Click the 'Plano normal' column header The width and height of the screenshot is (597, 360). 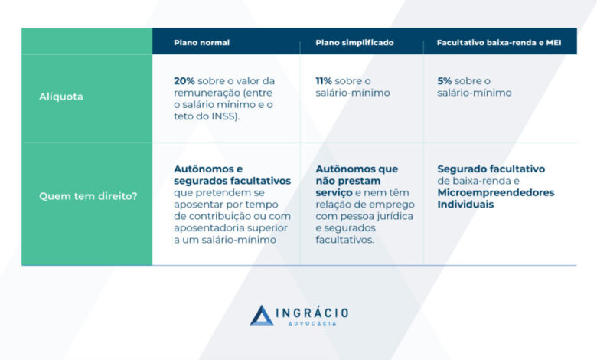coord(201,43)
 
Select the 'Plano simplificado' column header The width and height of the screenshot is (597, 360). coord(354,43)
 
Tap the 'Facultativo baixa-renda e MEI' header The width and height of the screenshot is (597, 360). coord(499,43)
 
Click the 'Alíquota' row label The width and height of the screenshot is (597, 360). coord(61,97)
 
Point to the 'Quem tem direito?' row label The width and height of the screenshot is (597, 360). coord(88,196)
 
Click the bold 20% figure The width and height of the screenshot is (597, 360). coord(184,81)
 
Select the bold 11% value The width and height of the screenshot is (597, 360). coord(324,81)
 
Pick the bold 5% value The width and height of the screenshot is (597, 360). coord(445,81)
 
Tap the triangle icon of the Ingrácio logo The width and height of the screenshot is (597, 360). coord(261,315)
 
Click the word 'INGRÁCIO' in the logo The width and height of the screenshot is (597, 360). coord(312,313)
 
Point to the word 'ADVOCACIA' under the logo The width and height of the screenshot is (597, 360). coord(312,323)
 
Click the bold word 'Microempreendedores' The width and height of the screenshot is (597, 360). coord(496,193)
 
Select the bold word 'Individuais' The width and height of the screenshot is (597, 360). coord(465,205)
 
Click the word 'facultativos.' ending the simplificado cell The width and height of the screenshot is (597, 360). coord(344,240)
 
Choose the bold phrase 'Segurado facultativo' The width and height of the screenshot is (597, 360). coord(491,169)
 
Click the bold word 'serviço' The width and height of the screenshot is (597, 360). coord(334,193)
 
